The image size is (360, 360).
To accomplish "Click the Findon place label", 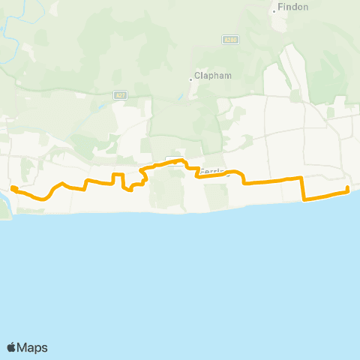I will [x=290, y=7].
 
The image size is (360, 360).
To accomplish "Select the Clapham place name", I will [x=210, y=76].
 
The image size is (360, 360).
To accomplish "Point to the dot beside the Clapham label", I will [x=191, y=76].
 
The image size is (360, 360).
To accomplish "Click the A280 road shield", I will [x=230, y=39].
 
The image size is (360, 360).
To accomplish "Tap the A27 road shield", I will [x=120, y=94].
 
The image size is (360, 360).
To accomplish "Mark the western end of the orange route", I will [x=13, y=187].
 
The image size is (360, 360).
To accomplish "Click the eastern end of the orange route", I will [x=347, y=187].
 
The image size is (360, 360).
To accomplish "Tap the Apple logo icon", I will [x=11, y=347].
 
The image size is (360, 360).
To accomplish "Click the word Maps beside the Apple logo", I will [x=33, y=347].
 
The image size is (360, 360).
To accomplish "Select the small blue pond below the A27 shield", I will [x=100, y=106].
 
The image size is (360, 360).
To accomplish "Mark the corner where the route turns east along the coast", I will [x=303, y=199].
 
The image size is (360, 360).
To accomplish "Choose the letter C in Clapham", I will [x=197, y=76].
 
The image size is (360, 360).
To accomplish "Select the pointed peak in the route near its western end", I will [x=63, y=182].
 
